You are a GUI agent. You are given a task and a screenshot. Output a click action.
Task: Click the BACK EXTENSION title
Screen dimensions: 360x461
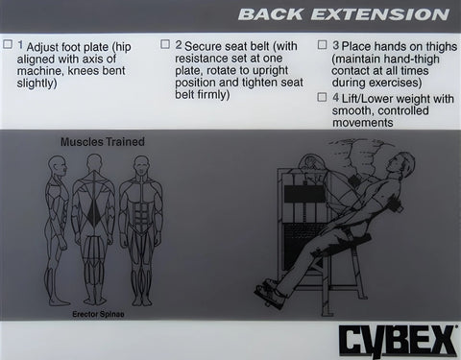pos(343,14)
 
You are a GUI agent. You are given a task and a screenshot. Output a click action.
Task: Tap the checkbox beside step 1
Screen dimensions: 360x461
pos(9,45)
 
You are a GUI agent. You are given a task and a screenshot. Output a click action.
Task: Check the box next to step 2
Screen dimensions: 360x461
pos(165,45)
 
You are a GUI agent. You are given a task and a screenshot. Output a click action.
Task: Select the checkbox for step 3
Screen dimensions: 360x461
pos(322,45)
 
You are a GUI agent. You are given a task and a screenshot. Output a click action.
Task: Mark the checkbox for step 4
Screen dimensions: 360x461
pos(322,97)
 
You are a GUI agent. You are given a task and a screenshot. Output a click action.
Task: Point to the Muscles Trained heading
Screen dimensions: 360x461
pos(103,142)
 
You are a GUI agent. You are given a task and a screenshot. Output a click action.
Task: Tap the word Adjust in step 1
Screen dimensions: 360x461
pos(46,45)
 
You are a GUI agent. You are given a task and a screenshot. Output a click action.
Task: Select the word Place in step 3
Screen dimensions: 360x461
pos(360,45)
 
